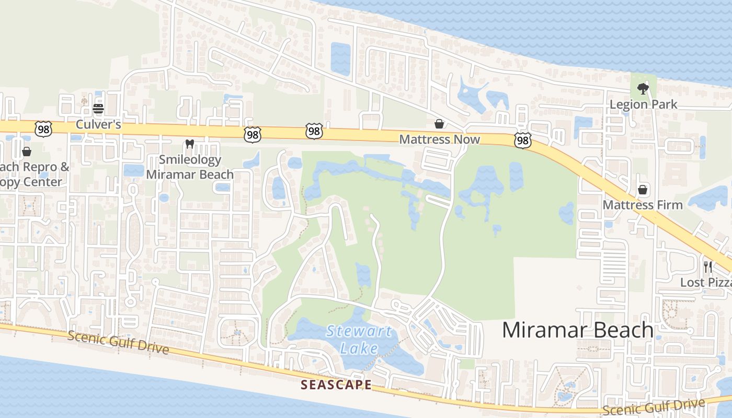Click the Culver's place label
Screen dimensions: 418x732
click(x=98, y=124)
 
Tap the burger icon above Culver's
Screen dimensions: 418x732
click(x=98, y=109)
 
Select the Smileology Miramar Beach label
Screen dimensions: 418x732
click(x=190, y=167)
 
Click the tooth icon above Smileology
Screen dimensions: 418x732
click(x=190, y=144)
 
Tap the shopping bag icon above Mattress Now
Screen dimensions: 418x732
click(x=439, y=124)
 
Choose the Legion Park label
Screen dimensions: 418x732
click(x=643, y=104)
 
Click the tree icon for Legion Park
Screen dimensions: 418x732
click(x=643, y=88)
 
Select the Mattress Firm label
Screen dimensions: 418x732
click(x=643, y=205)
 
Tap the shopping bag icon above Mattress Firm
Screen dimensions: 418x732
click(x=643, y=190)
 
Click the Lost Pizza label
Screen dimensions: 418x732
click(x=706, y=283)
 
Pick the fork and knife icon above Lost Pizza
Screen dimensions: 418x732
click(x=708, y=267)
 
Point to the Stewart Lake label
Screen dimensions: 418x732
click(x=359, y=339)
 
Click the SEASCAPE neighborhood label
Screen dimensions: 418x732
click(x=336, y=385)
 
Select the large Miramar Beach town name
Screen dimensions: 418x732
click(x=578, y=330)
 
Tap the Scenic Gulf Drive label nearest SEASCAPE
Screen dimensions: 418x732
click(x=118, y=342)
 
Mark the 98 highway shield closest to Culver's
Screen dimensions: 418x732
click(x=43, y=129)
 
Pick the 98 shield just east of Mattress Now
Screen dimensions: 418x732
click(x=522, y=140)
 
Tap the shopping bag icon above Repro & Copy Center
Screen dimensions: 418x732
click(x=27, y=152)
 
